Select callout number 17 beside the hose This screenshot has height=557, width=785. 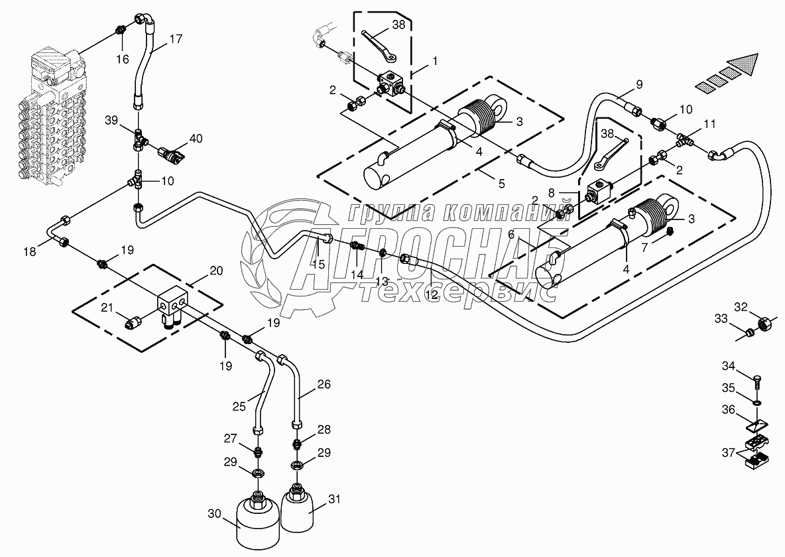pos(175,39)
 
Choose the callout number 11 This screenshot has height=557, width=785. pos(709,123)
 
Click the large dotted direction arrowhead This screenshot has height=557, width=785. pos(744,66)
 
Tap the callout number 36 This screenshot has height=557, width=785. pos(729,410)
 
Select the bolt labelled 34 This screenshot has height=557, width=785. pos(757,379)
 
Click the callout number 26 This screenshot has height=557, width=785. pos(324,383)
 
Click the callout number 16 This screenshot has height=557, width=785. pos(123,60)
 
